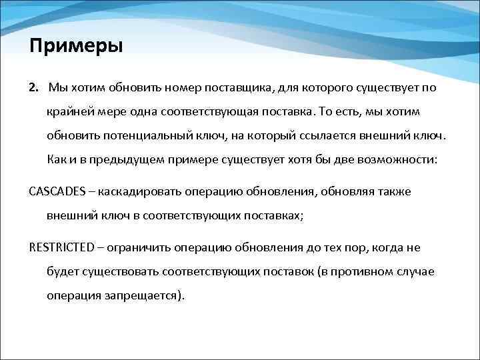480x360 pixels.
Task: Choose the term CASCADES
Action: pos(58,191)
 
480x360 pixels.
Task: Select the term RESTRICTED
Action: pos(61,247)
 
